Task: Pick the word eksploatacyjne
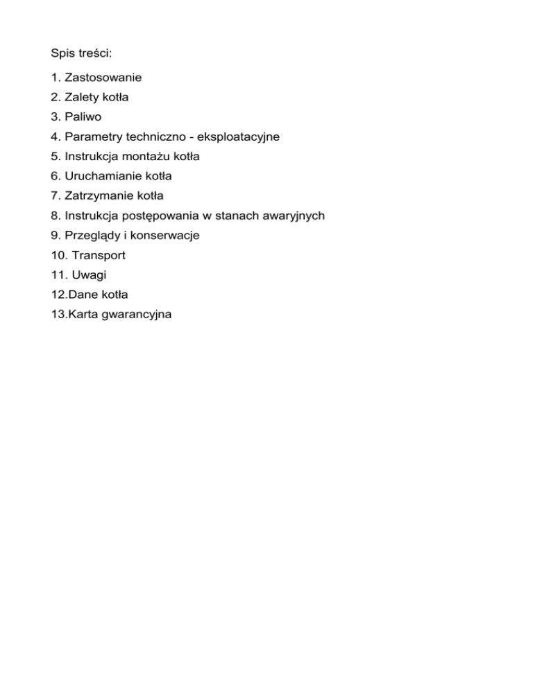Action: (x=239, y=137)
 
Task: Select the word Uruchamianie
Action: (x=102, y=176)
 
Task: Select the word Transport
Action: (x=99, y=255)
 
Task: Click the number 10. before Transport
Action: (x=60, y=255)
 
